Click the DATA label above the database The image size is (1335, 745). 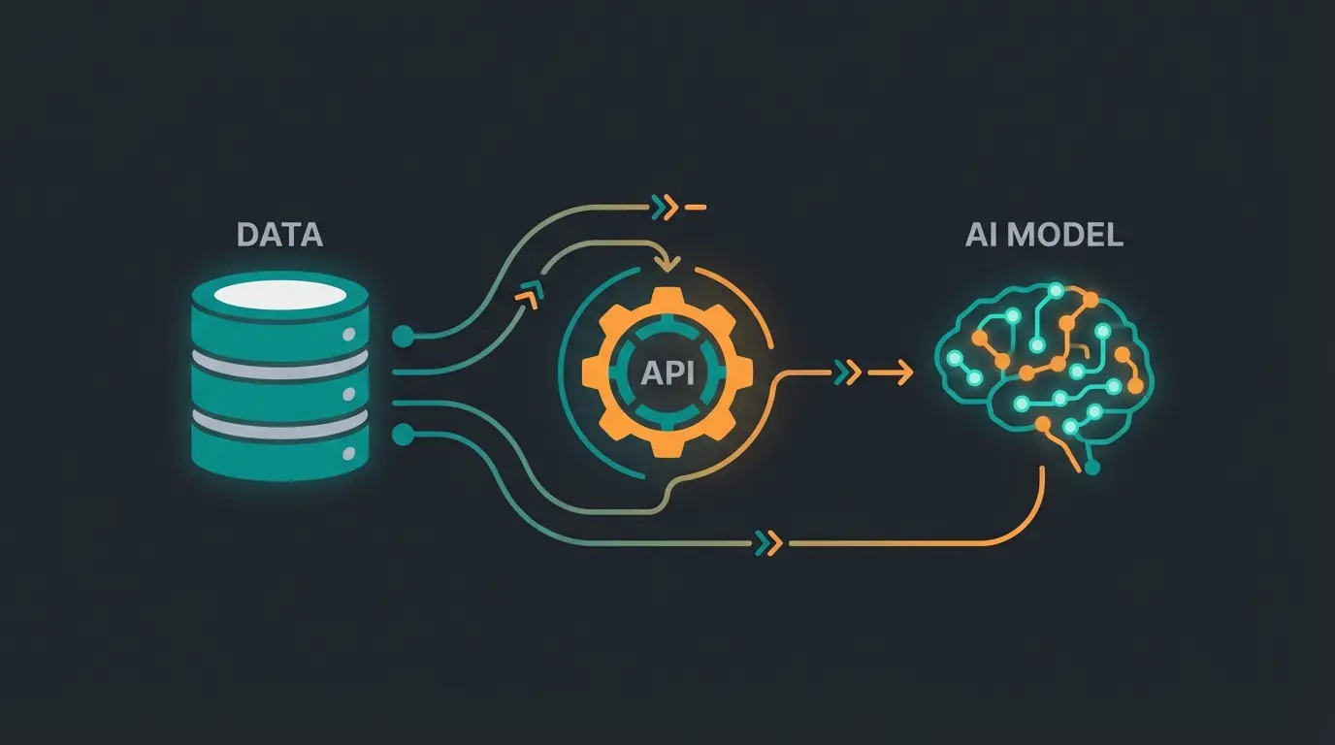pyautogui.click(x=280, y=234)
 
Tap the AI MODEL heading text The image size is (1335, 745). pyautogui.click(x=1044, y=235)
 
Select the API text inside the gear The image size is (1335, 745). pyautogui.click(x=668, y=373)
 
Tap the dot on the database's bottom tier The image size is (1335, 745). pyautogui.click(x=346, y=453)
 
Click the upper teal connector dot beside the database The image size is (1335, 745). pyautogui.click(x=404, y=337)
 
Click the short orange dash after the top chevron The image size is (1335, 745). pyautogui.click(x=697, y=207)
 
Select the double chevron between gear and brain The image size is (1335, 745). pyautogui.click(x=846, y=372)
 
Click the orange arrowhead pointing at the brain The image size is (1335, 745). pyautogui.click(x=904, y=372)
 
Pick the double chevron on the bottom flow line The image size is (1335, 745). pyautogui.click(x=767, y=542)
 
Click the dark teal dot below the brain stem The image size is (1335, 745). pyautogui.click(x=1092, y=469)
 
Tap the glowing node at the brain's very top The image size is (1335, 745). pyautogui.click(x=1053, y=289)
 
